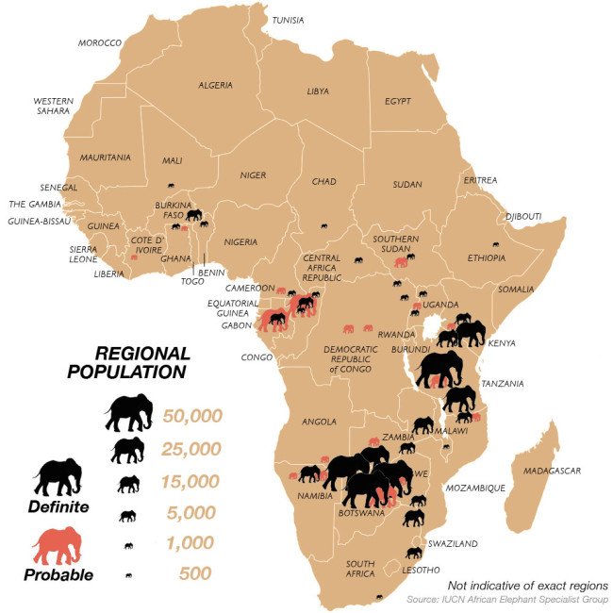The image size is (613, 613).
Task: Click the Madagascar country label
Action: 553,471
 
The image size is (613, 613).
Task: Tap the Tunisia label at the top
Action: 288,20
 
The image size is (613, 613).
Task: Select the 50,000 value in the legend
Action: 191,415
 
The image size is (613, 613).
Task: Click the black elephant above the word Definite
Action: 58,477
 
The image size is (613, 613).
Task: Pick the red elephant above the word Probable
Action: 58,545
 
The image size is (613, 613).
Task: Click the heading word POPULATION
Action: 127,372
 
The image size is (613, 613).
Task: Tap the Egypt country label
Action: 398,100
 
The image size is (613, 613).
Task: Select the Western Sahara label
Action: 53,106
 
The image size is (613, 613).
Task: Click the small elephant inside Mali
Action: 171,186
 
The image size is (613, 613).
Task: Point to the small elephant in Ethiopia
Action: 495,244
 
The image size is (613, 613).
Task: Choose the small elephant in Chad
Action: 323,226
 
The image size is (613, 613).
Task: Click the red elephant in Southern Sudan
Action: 402,261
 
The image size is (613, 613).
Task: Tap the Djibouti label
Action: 523,216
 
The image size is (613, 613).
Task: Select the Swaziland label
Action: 453,544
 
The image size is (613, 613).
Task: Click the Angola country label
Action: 318,422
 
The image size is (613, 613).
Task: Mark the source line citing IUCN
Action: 507,600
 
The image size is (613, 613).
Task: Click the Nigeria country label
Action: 240,242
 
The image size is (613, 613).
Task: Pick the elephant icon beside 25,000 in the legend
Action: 127,450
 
